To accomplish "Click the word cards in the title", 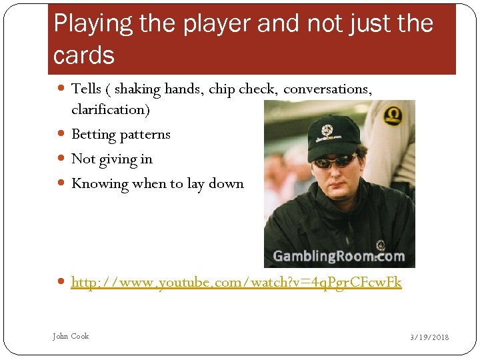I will (x=84, y=56).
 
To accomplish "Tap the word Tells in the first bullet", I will (x=86, y=89).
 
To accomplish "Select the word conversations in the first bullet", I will (x=327, y=89).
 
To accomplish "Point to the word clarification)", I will (x=111, y=109).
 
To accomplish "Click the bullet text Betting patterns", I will (x=121, y=134).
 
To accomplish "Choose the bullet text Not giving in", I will (x=112, y=159).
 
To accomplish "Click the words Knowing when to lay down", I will (x=157, y=183).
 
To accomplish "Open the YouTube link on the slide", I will (x=236, y=282).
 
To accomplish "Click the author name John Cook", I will (x=71, y=336).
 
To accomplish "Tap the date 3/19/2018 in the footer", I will (x=429, y=337).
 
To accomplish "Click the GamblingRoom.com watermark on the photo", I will (x=339, y=257).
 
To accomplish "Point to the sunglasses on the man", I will (x=335, y=161).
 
